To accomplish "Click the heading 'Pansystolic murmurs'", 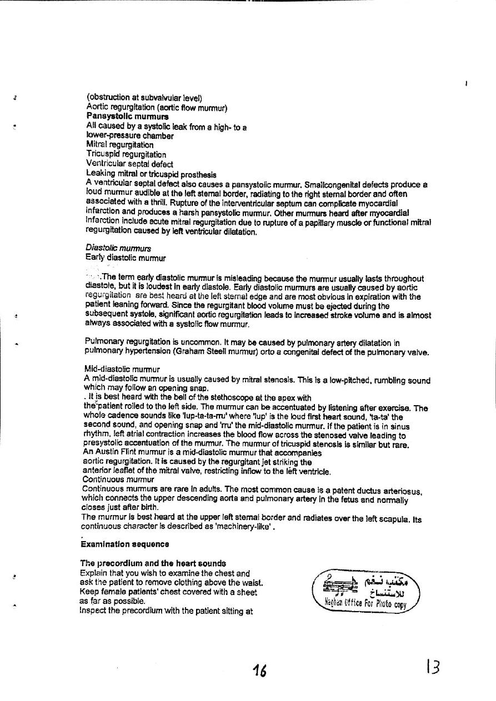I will (127, 117).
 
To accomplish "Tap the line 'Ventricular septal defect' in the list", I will (129, 164).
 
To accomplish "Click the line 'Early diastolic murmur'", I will (126, 257).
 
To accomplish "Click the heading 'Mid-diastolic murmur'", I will (122, 369).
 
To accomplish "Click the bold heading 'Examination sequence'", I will (125, 544).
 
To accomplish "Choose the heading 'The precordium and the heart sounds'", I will (153, 563).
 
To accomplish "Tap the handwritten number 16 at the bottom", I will (258, 672).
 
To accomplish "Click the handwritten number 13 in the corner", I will (433, 667).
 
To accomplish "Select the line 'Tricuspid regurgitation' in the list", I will (126, 154).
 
